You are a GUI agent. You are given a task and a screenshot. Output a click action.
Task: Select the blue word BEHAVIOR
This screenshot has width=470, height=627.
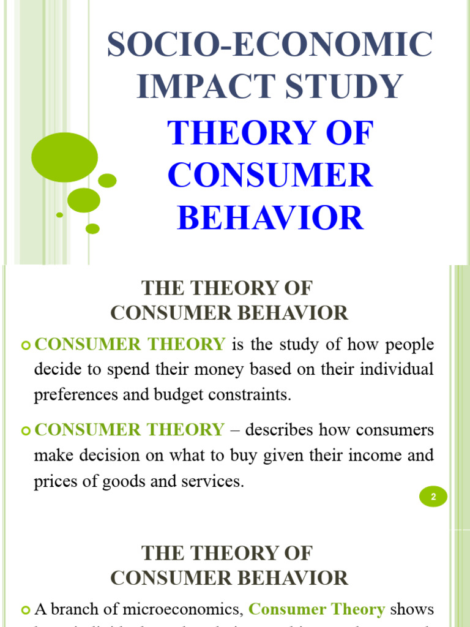[270, 218]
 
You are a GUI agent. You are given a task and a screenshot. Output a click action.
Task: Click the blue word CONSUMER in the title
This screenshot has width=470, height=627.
[270, 176]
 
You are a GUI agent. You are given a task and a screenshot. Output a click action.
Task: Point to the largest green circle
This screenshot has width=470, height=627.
[64, 157]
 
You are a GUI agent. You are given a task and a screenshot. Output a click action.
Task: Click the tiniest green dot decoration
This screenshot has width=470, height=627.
[59, 215]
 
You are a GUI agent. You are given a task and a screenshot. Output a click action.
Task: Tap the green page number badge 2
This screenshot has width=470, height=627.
[433, 497]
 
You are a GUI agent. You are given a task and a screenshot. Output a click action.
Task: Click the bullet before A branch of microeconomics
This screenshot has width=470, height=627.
[25, 610]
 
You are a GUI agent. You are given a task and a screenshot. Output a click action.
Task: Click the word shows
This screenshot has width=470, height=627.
[412, 609]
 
